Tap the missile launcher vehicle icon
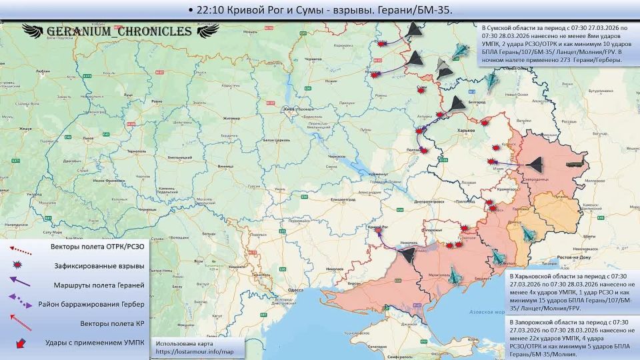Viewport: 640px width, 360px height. pyautogui.click(x=577, y=161)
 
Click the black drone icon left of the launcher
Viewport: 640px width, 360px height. pyautogui.click(x=536, y=164)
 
